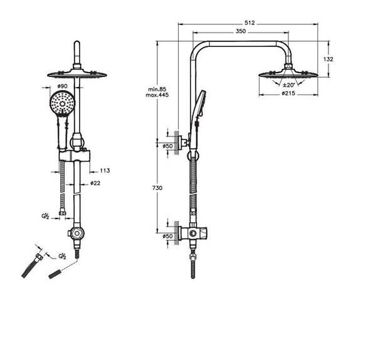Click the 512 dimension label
point(249,23)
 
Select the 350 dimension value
point(241,31)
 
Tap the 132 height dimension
point(328,59)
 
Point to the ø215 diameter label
point(288,93)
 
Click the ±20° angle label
point(289,85)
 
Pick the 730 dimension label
point(157,188)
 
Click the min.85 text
point(157,90)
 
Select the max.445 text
point(157,95)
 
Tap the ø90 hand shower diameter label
point(62,86)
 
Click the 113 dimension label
point(105,171)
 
